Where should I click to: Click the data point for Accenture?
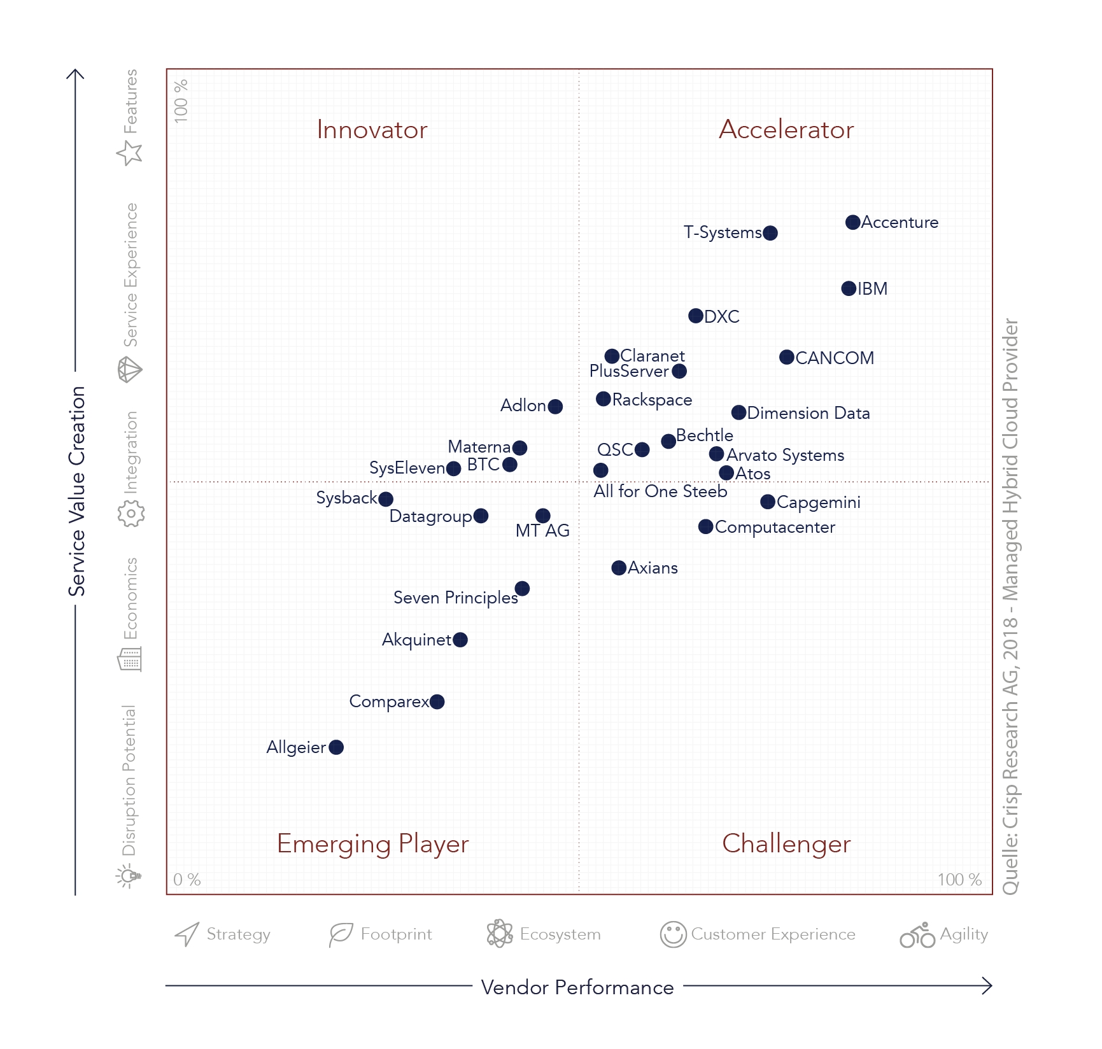click(x=852, y=222)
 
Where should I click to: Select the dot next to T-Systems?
click(x=770, y=233)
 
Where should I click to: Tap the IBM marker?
click(x=849, y=288)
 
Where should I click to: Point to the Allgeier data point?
click(x=336, y=747)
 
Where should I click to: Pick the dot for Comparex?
click(x=437, y=701)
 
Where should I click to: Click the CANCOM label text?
click(x=835, y=358)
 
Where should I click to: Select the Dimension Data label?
click(x=809, y=413)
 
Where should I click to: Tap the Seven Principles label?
click(x=456, y=598)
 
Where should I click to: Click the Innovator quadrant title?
click(x=372, y=130)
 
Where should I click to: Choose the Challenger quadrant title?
click(x=786, y=843)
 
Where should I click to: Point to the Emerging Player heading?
click(x=372, y=843)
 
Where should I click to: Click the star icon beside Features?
click(x=130, y=153)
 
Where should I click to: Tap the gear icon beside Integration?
click(x=131, y=513)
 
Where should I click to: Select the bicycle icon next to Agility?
click(x=917, y=935)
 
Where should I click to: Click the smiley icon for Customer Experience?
click(x=673, y=934)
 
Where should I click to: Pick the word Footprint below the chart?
click(x=396, y=934)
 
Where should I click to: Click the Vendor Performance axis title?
click(x=577, y=987)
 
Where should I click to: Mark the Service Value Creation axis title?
click(x=77, y=491)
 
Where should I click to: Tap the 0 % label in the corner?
click(x=187, y=880)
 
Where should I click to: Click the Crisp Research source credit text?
click(x=1010, y=606)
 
